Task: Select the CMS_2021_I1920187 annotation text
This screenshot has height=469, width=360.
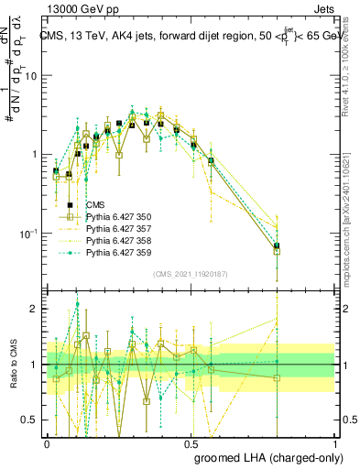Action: (x=191, y=273)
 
